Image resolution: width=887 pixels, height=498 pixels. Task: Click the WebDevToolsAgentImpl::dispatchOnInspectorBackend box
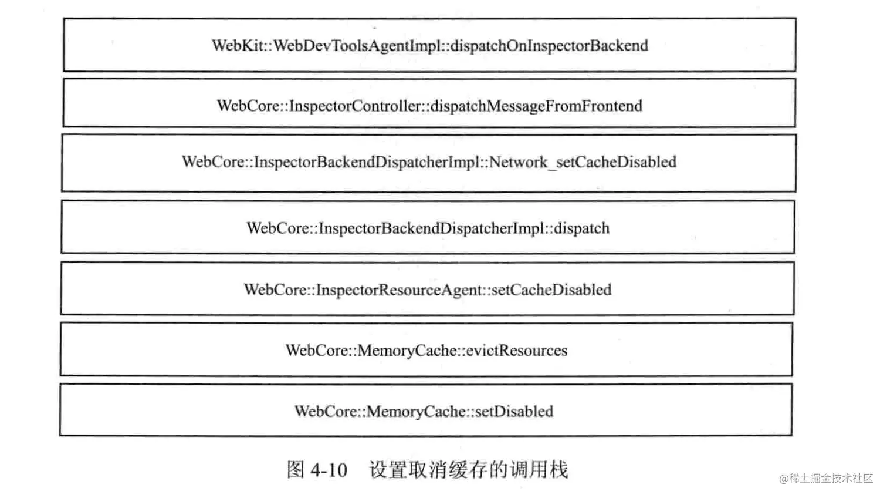(429, 45)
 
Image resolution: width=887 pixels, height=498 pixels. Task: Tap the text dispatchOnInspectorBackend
(549, 46)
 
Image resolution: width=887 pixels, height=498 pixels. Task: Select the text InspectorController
(356, 106)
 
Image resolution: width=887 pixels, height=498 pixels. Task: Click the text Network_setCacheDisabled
(583, 162)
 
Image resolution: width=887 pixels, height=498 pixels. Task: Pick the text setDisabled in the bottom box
(514, 411)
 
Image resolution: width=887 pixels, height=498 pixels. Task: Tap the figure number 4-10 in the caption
(329, 470)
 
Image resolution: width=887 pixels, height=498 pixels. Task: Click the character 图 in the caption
(296, 470)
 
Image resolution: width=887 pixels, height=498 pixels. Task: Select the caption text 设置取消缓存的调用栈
(468, 470)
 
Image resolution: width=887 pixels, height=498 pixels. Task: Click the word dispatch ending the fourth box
(582, 228)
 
